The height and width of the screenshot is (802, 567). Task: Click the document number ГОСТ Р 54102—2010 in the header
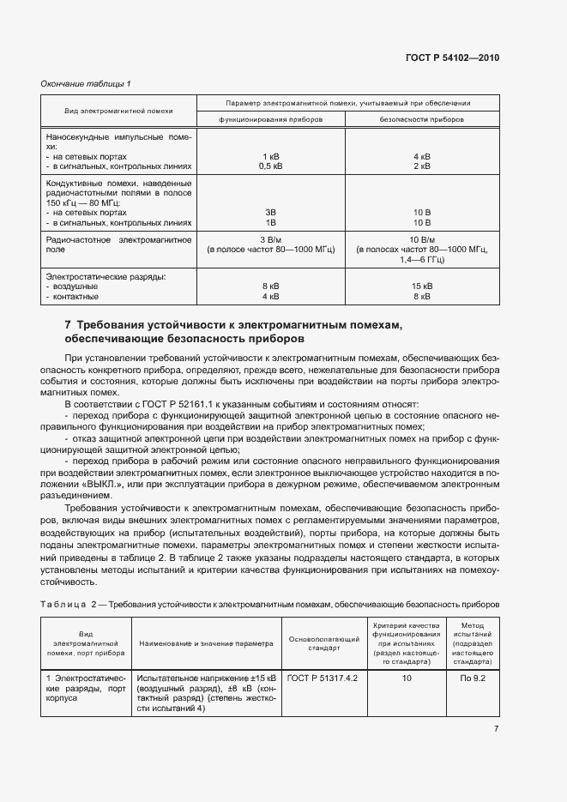click(x=451, y=58)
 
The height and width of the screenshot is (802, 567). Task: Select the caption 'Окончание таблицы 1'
click(x=87, y=83)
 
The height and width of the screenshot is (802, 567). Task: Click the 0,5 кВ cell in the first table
click(x=270, y=166)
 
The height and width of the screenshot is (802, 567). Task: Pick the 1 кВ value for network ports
click(x=270, y=157)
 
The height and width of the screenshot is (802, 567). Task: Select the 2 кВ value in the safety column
click(x=421, y=166)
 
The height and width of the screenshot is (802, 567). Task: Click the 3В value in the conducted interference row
click(x=270, y=212)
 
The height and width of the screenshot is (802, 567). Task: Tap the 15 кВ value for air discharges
click(x=421, y=286)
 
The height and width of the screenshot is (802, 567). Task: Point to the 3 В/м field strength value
click(x=270, y=239)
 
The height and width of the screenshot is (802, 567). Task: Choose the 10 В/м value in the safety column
click(x=421, y=239)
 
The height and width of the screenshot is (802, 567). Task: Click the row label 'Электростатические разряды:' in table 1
click(x=105, y=277)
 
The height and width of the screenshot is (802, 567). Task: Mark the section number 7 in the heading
click(x=68, y=325)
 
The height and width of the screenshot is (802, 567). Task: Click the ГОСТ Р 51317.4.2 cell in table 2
click(x=323, y=678)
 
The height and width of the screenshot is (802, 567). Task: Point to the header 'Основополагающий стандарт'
click(x=323, y=643)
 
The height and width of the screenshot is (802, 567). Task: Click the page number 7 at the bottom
click(x=496, y=728)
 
